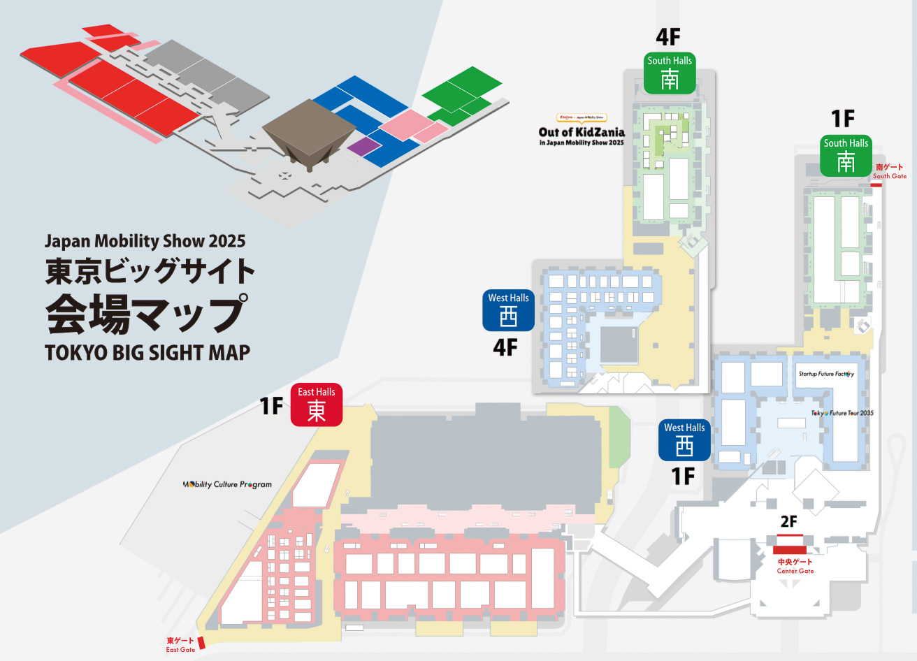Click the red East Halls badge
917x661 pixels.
[317, 405]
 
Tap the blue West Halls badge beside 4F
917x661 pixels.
[508, 310]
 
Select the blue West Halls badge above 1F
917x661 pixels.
[684, 440]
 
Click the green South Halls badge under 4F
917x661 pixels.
[670, 73]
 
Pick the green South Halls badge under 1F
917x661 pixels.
[846, 155]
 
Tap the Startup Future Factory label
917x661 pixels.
[826, 374]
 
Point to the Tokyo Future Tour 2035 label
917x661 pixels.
[842, 413]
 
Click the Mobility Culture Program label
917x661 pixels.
[227, 484]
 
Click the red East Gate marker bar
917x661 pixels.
[201, 643]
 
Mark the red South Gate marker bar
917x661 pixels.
[876, 184]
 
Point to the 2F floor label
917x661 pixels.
[788, 522]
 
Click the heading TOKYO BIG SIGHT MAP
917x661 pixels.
[147, 352]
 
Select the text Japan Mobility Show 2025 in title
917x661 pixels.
[145, 242]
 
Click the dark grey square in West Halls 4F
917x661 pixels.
[619, 344]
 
